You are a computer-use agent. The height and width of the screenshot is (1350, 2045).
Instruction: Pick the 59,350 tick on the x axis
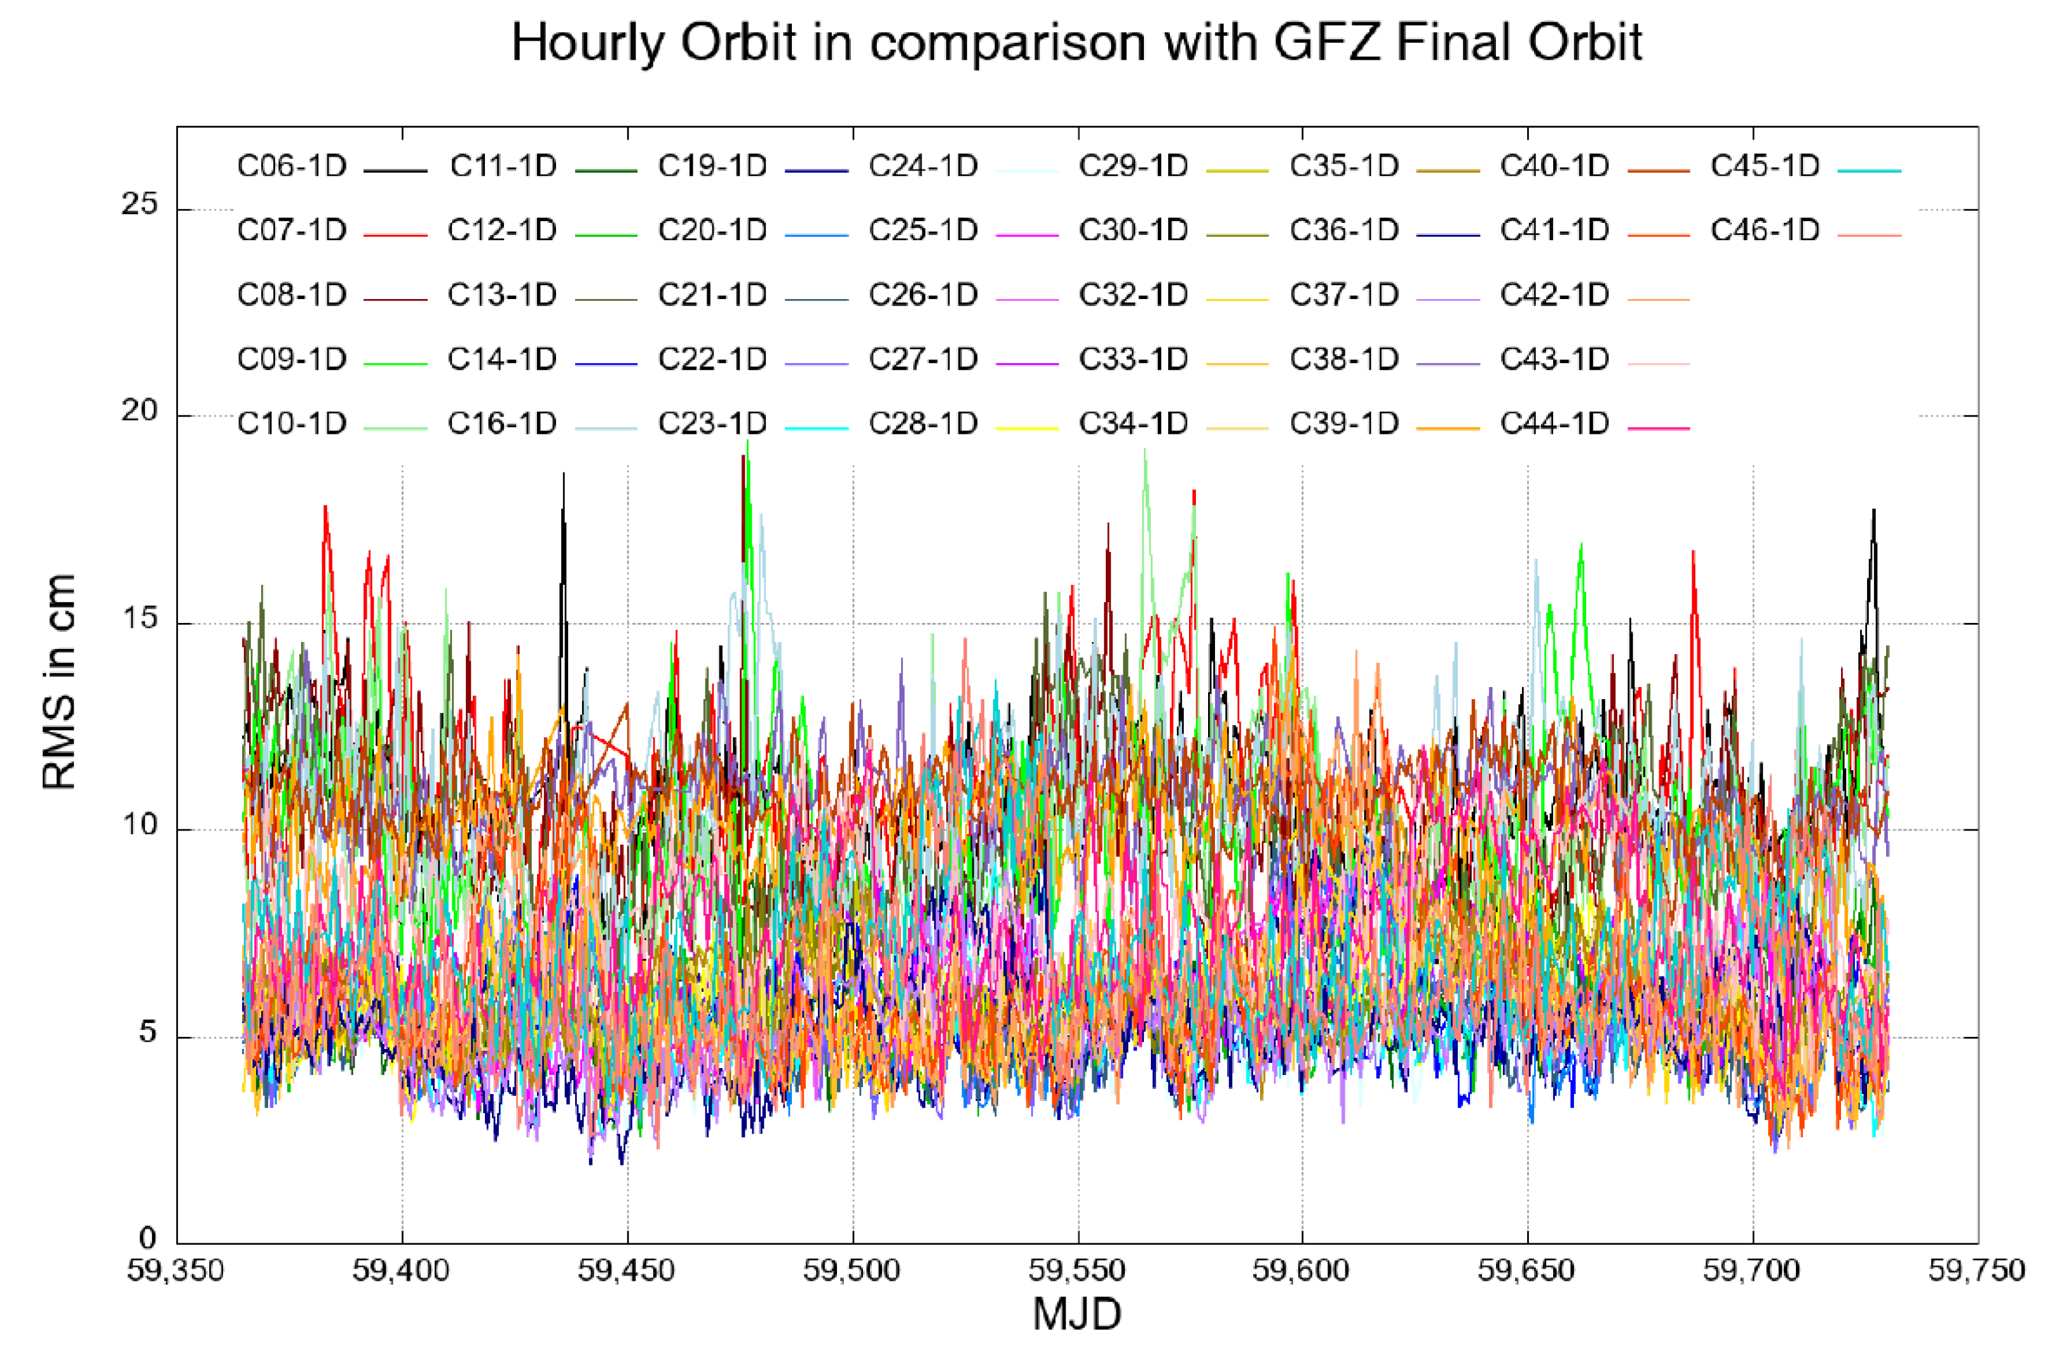click(176, 1270)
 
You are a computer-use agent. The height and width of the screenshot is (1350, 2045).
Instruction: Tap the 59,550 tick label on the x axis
click(1077, 1270)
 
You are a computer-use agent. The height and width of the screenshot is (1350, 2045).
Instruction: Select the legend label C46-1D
click(1764, 231)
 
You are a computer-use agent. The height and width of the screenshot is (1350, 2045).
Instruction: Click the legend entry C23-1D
click(712, 424)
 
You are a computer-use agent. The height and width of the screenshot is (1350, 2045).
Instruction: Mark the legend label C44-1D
click(1554, 424)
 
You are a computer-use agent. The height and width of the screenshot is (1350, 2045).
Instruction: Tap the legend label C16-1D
click(502, 424)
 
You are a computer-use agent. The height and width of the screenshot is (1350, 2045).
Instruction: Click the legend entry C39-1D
click(1344, 424)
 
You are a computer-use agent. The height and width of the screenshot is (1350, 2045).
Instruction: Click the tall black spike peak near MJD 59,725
click(1873, 511)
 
